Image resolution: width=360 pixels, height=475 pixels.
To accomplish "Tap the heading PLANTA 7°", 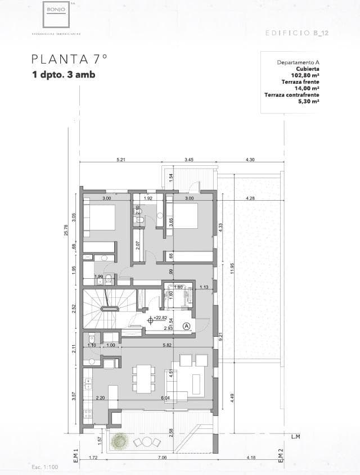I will coord(69,59).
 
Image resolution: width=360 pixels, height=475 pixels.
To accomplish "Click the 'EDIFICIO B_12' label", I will coord(297,34).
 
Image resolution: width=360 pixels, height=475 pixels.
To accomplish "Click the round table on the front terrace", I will coord(147,442).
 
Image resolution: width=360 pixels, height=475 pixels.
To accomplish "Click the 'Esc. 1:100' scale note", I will coord(45,467).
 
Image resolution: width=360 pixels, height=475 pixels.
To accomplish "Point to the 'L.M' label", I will coord(296,436).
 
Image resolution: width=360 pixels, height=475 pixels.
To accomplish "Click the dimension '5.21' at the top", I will coord(121,160).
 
